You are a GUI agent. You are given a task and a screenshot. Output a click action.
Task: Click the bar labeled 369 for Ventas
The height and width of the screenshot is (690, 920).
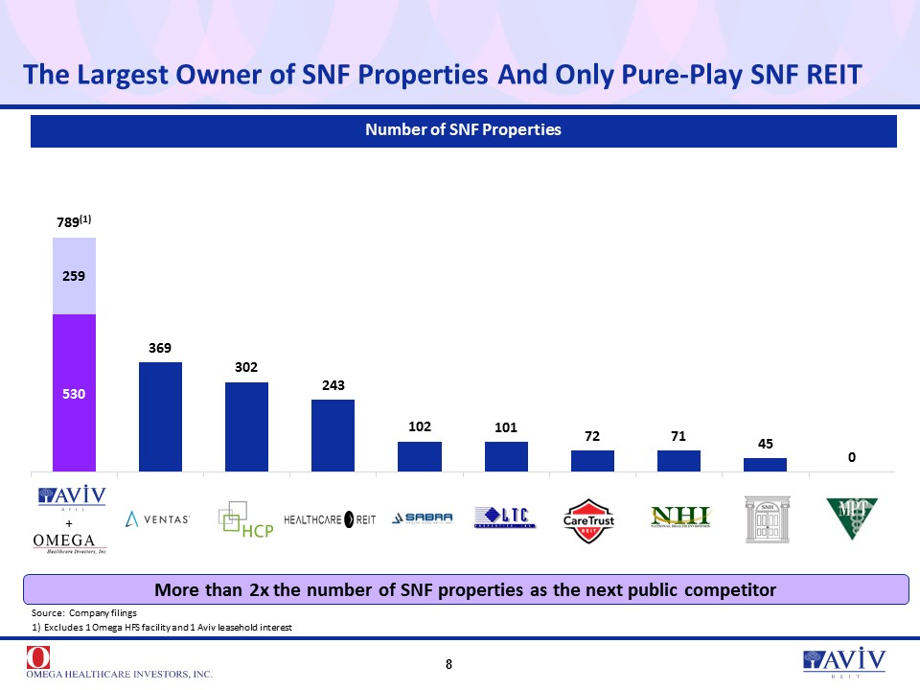160,417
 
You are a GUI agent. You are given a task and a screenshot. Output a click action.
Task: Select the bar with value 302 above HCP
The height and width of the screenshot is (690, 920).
247,426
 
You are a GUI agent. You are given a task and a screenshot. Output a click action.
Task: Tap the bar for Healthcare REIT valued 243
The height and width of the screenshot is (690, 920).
333,435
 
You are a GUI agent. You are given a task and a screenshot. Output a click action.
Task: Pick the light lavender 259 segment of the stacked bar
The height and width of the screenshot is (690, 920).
74,276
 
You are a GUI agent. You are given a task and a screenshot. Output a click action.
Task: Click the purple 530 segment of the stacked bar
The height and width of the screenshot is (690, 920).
74,393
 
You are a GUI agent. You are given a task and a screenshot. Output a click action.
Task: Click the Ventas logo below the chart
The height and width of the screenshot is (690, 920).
159,518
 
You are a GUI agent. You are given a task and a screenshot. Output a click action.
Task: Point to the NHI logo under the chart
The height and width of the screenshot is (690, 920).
680,517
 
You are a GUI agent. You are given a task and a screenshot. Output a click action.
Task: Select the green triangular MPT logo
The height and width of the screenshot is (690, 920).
851,518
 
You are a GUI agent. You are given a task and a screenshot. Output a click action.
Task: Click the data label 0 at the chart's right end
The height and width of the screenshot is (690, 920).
851,459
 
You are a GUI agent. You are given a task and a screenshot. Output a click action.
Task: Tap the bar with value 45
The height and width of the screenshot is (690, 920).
765,465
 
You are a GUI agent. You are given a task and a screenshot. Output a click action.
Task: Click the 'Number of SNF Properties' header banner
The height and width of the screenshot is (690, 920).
463,129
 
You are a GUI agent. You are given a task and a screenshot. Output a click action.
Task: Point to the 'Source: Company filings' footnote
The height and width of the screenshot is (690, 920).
85,611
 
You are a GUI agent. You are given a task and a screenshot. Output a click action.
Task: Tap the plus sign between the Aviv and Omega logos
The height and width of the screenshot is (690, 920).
69,523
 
